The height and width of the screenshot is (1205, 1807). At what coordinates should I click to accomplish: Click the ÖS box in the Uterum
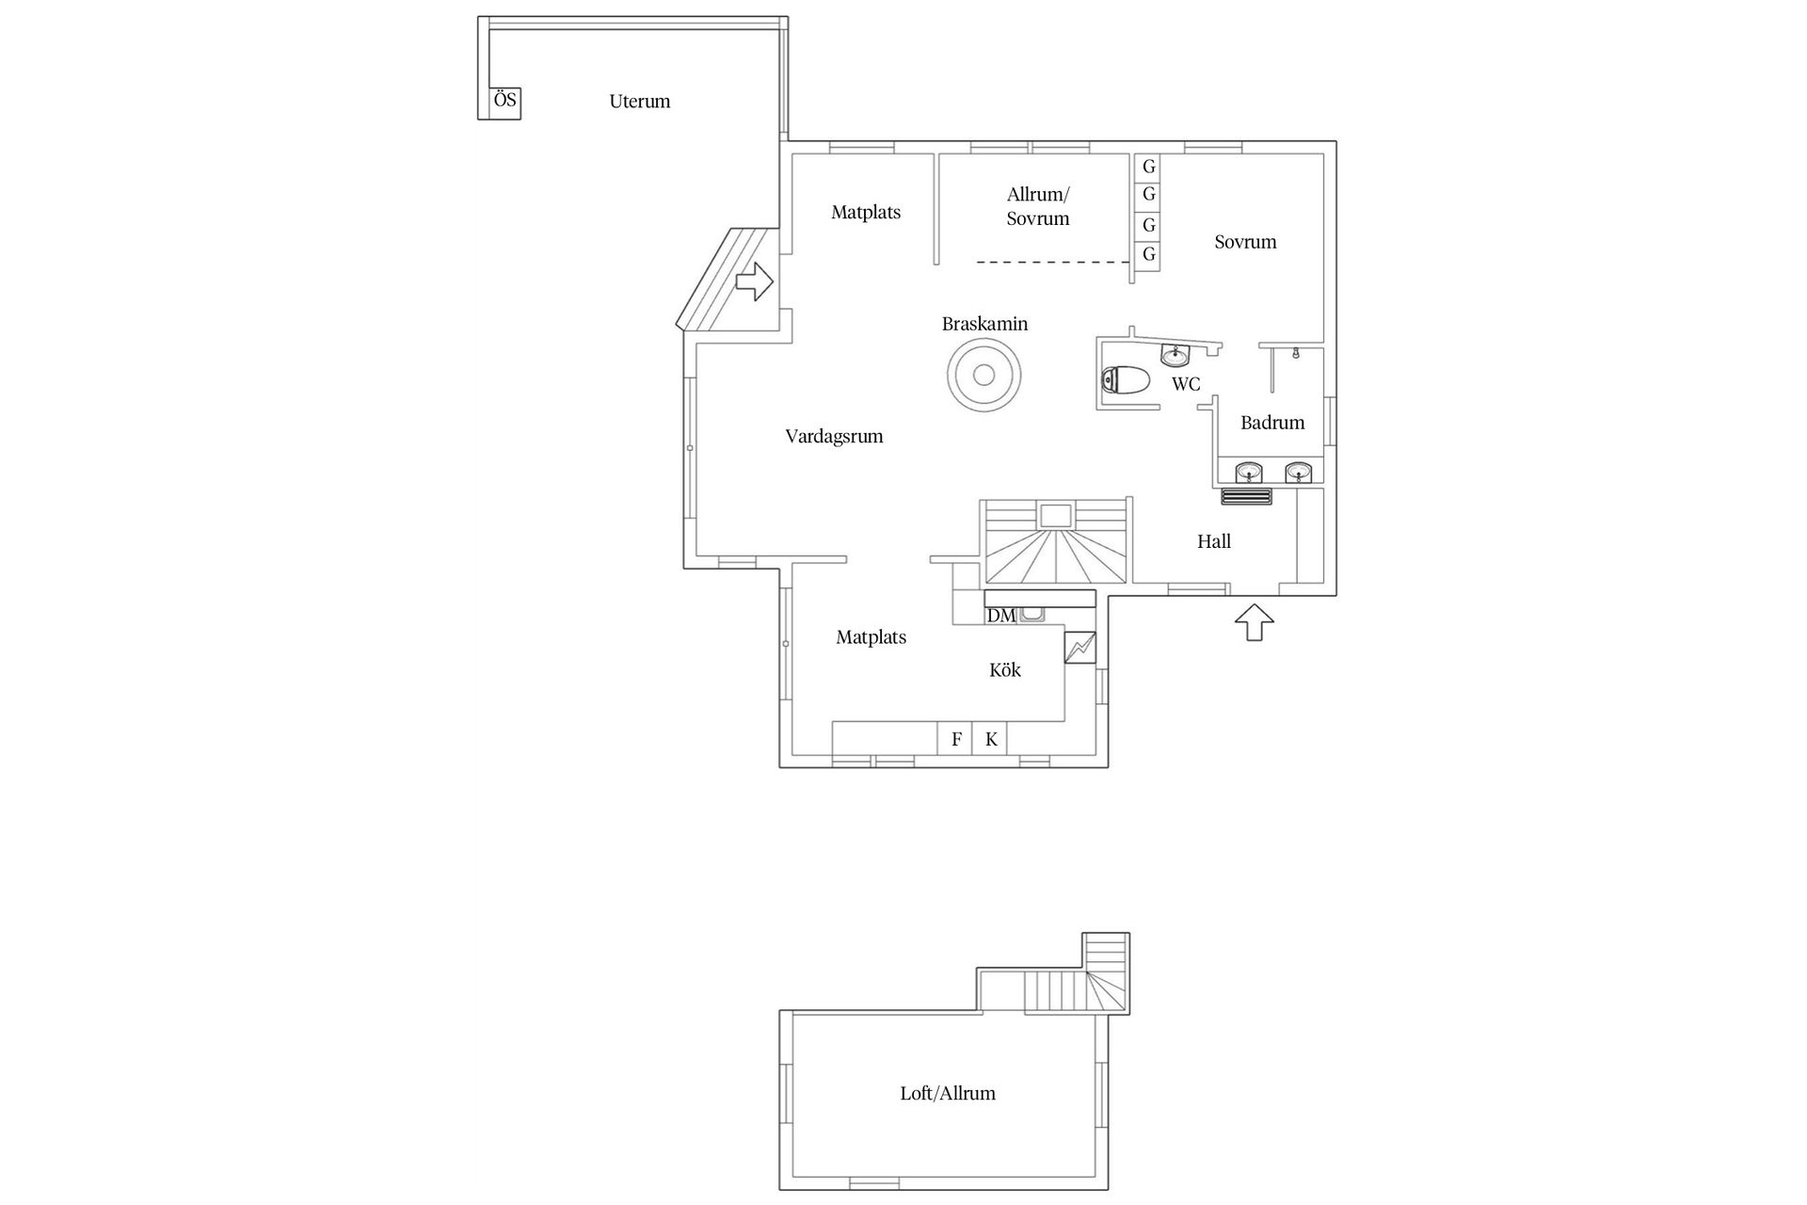(505, 101)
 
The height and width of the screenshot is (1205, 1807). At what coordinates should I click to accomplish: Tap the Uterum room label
(639, 102)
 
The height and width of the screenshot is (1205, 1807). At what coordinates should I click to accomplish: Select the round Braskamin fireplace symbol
(983, 376)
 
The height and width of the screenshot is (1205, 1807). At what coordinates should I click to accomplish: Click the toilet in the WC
(1127, 381)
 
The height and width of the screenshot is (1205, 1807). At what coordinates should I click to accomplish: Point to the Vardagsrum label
(834, 437)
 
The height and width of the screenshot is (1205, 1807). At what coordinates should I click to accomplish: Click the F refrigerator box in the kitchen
(956, 739)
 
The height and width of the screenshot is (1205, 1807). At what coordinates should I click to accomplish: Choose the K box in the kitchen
(991, 739)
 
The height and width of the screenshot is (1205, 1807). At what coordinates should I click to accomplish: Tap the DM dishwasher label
(1001, 616)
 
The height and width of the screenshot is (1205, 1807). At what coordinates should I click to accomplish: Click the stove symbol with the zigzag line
(1080, 647)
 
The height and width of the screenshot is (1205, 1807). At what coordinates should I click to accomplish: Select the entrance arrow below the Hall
(1254, 623)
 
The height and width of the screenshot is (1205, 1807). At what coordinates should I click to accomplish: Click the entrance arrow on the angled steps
(755, 281)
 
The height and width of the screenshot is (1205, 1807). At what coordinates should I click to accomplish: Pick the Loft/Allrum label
(948, 1094)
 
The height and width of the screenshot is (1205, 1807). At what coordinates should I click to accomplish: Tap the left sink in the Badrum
(1249, 471)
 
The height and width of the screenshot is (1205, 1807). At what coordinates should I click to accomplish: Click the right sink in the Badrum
(1299, 471)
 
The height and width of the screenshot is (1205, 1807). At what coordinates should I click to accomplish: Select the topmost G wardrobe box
(1148, 167)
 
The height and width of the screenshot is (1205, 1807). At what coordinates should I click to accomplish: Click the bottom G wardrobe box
(1148, 255)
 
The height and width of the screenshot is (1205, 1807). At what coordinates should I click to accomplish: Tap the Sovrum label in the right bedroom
(1245, 242)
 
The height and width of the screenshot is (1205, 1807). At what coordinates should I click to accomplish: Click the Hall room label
(1214, 541)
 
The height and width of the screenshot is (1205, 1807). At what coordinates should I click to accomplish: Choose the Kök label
(1005, 670)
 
